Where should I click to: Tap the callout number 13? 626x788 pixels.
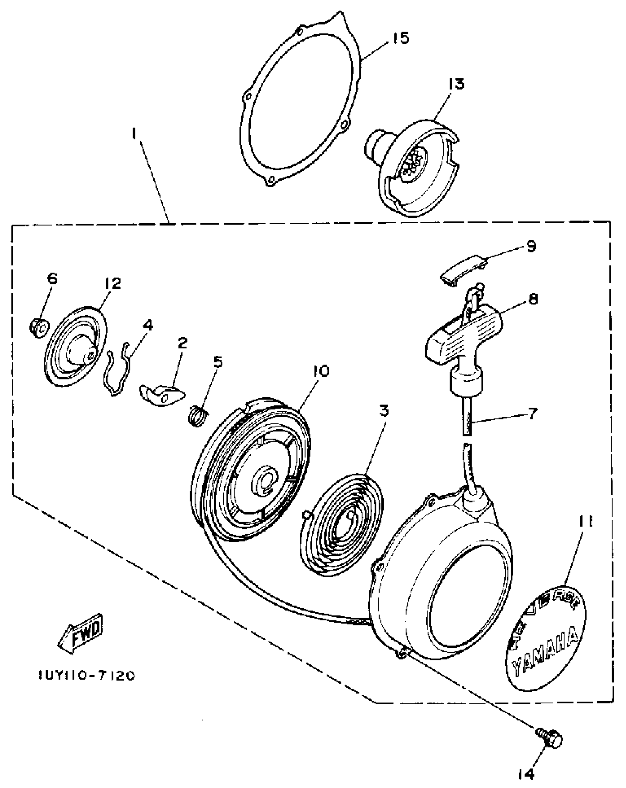(x=457, y=85)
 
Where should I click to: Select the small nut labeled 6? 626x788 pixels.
(x=38, y=326)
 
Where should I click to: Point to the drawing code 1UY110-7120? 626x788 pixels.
(x=87, y=675)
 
